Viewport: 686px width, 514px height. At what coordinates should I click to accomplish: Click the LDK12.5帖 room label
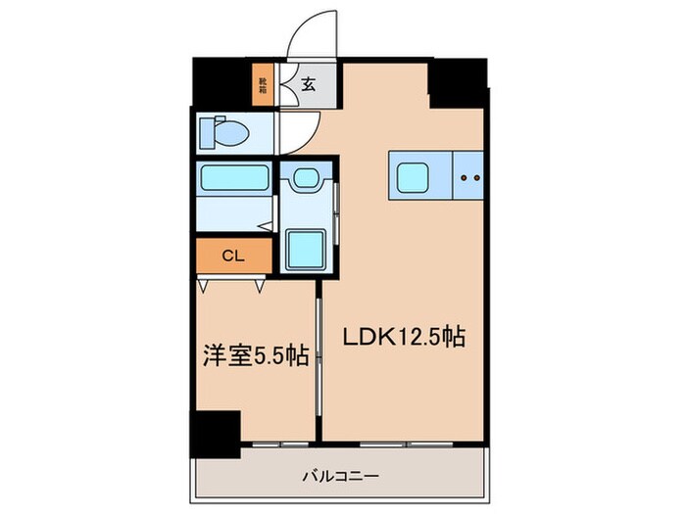(403, 337)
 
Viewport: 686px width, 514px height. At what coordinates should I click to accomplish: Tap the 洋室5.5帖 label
(255, 355)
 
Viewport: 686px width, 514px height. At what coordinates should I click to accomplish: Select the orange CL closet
(232, 257)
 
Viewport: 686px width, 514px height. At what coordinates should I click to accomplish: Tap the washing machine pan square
(306, 246)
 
